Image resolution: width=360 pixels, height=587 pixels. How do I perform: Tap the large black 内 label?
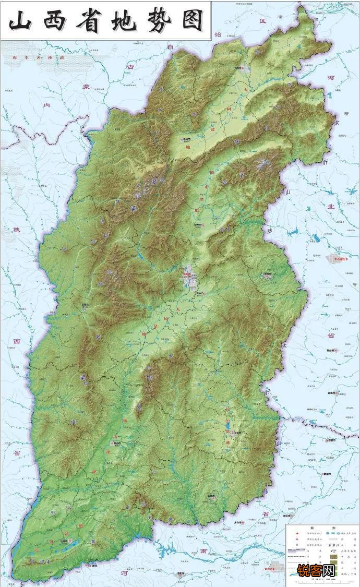(x=46, y=105)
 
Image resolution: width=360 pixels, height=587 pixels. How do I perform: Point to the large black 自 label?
(x=170, y=47)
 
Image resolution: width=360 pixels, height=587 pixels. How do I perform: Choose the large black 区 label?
(x=263, y=21)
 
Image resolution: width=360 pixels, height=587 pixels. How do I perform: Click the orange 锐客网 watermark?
(x=316, y=571)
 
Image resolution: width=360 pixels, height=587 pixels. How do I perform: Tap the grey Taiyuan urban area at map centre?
(x=189, y=277)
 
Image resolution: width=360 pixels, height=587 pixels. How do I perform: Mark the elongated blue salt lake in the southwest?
(x=70, y=543)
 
